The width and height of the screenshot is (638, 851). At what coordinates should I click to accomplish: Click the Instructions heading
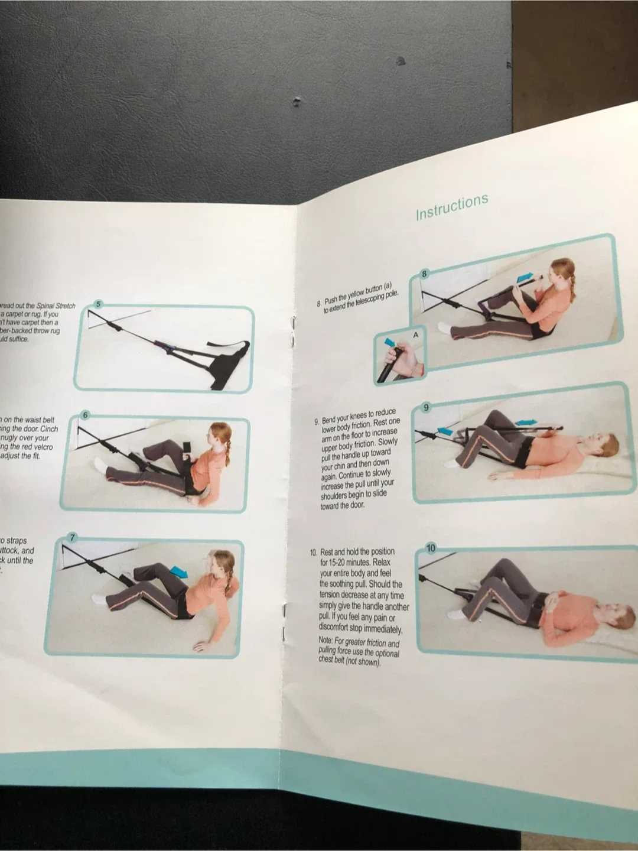pos(452,206)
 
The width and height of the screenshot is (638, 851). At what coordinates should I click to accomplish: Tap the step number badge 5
pos(99,304)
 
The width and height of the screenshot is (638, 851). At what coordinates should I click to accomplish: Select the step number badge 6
pos(85,415)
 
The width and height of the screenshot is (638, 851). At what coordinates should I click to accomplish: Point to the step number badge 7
pos(72,537)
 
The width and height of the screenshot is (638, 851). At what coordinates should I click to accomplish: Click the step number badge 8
pos(424,273)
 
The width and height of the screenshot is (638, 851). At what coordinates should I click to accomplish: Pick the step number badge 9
pos(427,407)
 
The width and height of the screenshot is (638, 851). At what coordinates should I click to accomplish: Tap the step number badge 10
pos(431,548)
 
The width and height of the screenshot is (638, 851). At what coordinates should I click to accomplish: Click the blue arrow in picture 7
pos(178,570)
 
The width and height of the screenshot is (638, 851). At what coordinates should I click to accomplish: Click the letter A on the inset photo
pos(415,334)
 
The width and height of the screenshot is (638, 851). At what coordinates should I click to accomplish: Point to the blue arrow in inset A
pos(389,342)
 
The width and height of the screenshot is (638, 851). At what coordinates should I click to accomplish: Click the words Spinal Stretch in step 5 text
pos(56,306)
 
